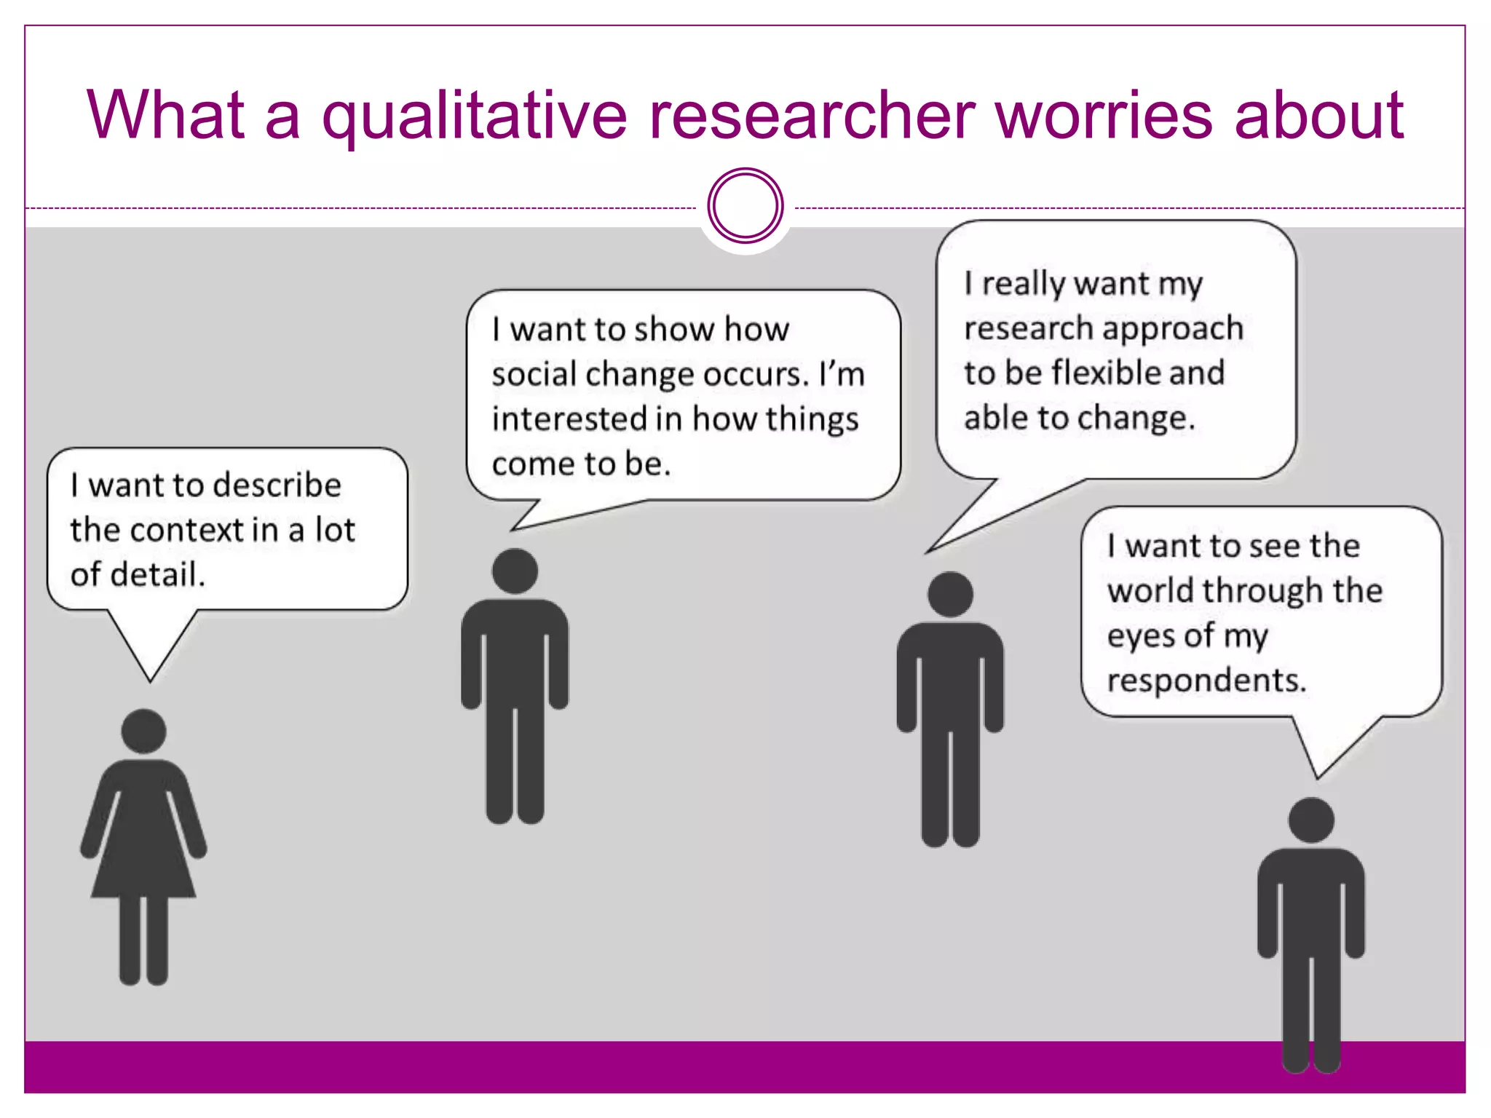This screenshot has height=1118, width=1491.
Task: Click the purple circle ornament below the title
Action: pyautogui.click(x=745, y=206)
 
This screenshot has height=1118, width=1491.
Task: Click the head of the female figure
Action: pyautogui.click(x=143, y=731)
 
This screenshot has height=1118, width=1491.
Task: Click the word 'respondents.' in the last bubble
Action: pyautogui.click(x=1206, y=681)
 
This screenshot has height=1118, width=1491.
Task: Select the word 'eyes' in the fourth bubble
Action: pyautogui.click(x=1140, y=636)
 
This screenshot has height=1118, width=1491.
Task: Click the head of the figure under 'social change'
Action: pyautogui.click(x=515, y=571)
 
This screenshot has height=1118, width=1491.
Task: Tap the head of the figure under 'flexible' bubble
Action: pyautogui.click(x=950, y=594)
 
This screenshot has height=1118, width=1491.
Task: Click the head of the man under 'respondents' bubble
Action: pyautogui.click(x=1310, y=820)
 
